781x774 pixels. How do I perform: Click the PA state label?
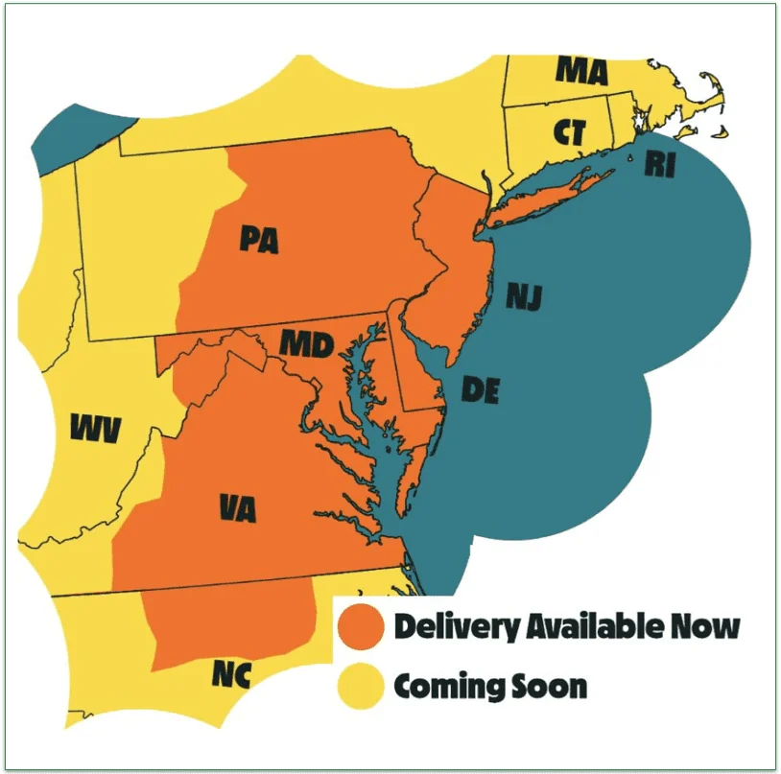point(259,239)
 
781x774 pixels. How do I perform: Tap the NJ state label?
point(524,297)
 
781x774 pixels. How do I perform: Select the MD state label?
point(306,342)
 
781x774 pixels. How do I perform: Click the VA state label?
point(236,507)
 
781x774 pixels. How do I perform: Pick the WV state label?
point(96,430)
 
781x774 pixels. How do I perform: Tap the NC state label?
point(231,675)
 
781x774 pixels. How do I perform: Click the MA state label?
point(582,70)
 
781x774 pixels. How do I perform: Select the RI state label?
point(660,165)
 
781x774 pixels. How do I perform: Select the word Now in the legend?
point(711,627)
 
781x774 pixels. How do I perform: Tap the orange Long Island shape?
point(547,199)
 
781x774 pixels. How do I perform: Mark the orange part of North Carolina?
point(230,623)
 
